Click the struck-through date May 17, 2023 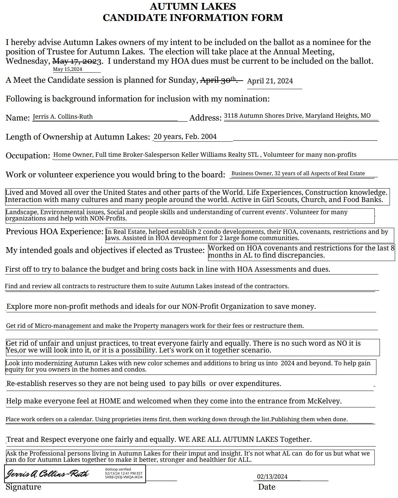77,61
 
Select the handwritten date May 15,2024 67,69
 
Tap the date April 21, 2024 270,81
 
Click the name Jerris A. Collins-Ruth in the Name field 63,117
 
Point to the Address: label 205,118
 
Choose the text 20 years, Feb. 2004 185,137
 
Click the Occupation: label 28,155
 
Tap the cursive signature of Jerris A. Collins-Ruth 48,474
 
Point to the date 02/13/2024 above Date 272,476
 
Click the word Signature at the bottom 23,487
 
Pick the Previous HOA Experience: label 54,232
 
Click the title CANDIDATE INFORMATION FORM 193,17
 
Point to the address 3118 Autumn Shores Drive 263,116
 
